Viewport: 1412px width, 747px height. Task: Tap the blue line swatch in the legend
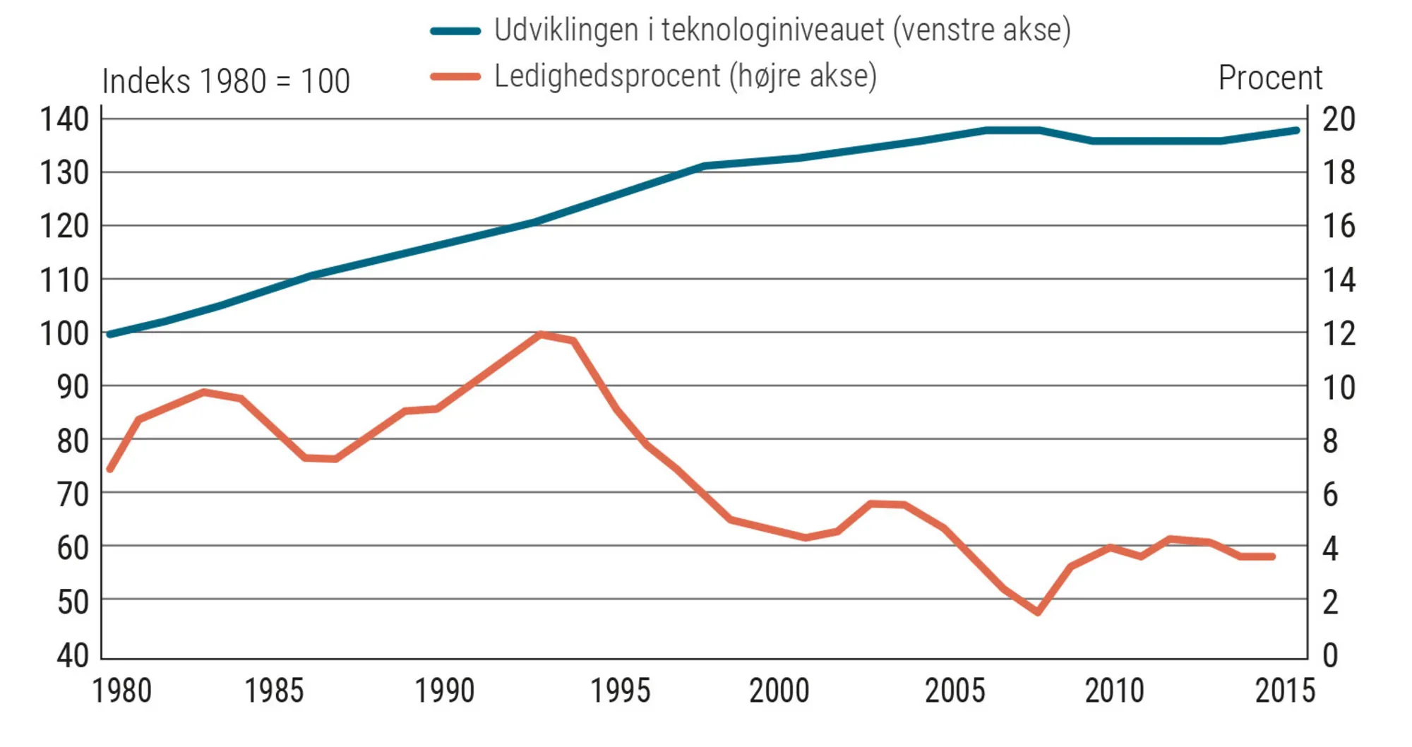[x=455, y=31]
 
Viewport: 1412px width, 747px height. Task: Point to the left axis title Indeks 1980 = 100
[x=226, y=81]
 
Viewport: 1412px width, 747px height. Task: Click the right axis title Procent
[x=1270, y=78]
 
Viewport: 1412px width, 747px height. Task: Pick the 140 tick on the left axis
[x=64, y=119]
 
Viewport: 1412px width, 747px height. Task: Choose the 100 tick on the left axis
[x=64, y=333]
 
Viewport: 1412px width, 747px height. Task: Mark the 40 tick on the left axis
[x=73, y=655]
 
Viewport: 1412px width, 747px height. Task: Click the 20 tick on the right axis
[x=1339, y=119]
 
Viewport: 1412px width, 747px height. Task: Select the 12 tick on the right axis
[x=1339, y=333]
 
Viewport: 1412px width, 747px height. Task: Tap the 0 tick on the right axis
[x=1330, y=655]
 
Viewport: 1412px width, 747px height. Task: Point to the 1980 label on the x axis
[x=122, y=691]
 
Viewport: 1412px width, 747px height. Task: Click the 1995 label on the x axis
[x=620, y=691]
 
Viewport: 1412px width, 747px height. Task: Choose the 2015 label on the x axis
[x=1285, y=691]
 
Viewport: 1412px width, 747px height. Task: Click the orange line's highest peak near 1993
[x=540, y=334]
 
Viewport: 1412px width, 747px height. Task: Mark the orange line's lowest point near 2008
[x=1039, y=612]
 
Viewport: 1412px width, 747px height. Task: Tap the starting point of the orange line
[x=109, y=469]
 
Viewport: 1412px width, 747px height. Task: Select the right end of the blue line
[x=1296, y=131]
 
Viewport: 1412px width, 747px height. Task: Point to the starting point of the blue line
[x=109, y=334]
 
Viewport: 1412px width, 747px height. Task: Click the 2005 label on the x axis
[x=955, y=691]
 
